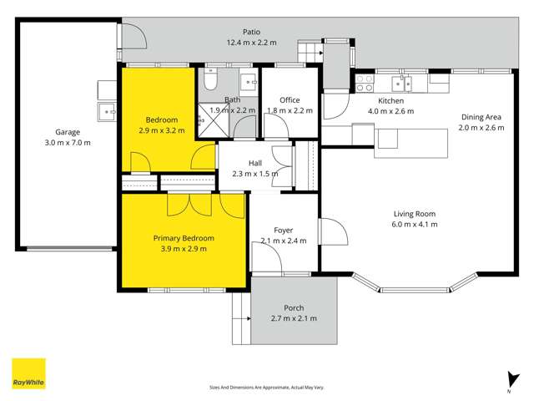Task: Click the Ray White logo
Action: tap(28, 374)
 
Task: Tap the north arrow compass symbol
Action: tap(508, 382)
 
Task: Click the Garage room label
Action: tap(73, 132)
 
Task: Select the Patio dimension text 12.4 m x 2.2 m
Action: tap(253, 42)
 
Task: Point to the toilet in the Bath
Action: tap(210, 81)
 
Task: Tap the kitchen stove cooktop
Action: tap(365, 82)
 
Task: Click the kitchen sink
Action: tap(402, 82)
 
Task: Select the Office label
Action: tap(289, 100)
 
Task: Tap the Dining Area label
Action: tap(481, 117)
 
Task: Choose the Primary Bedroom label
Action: tap(184, 237)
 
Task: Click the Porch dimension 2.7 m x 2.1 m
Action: tap(293, 318)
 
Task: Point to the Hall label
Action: tap(255, 164)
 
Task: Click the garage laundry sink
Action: tap(108, 110)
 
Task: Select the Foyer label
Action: tap(285, 230)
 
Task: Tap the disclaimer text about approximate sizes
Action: tap(267, 387)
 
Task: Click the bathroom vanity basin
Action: tap(249, 81)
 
